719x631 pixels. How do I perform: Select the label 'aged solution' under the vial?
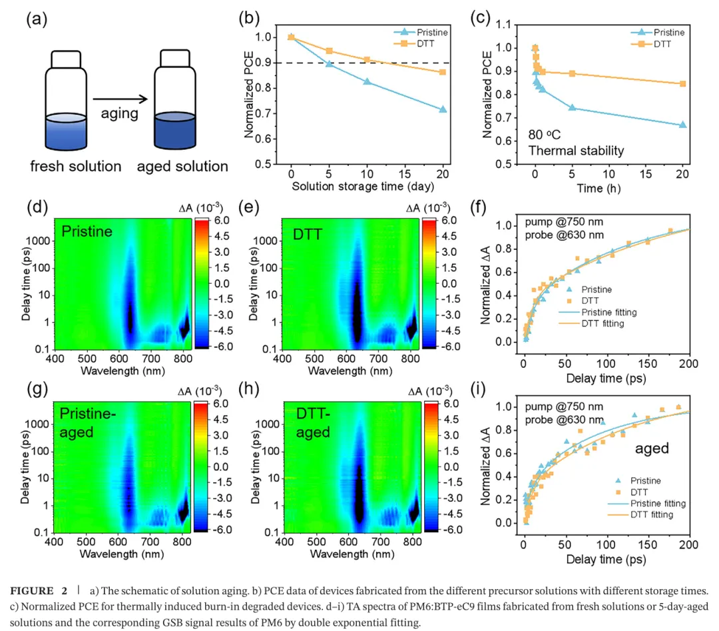click(182, 166)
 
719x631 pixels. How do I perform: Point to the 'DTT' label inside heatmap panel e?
click(308, 233)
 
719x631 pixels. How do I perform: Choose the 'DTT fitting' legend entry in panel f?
click(602, 323)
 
